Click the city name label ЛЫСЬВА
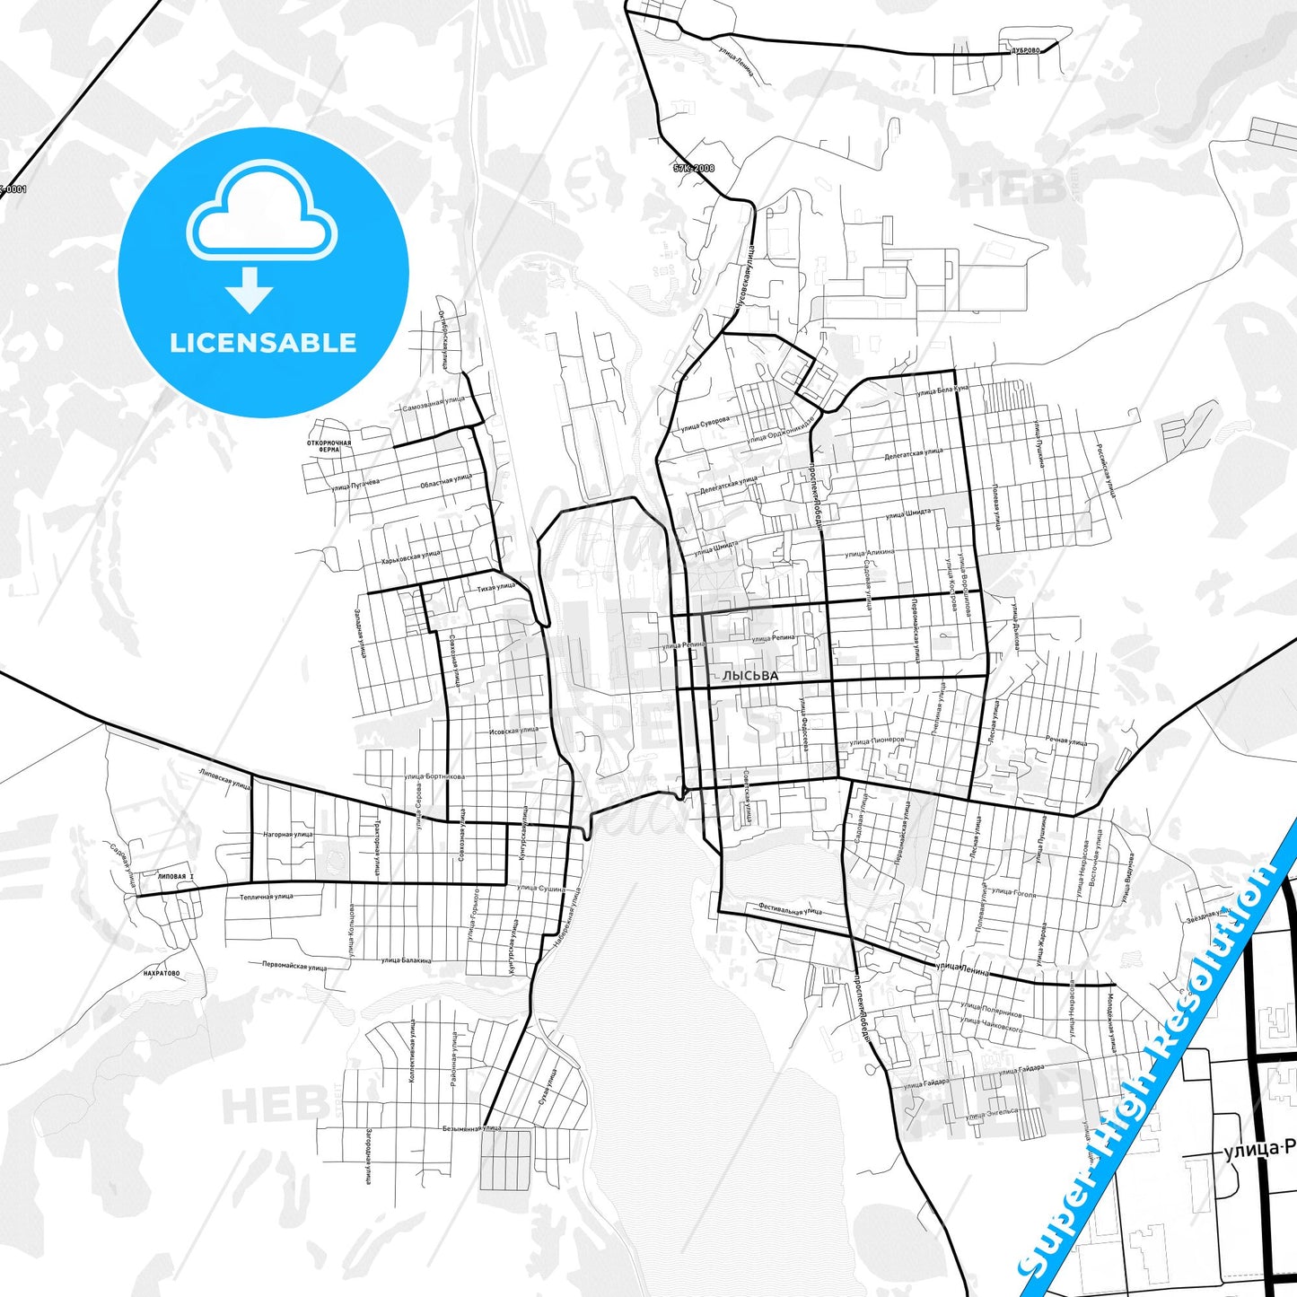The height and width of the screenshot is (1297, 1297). pyautogui.click(x=750, y=676)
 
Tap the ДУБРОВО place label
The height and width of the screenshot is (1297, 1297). pyautogui.click(x=1024, y=50)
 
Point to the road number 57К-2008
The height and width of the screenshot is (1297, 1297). pyautogui.click(x=694, y=168)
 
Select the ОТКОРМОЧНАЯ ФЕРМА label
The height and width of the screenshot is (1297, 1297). pyautogui.click(x=329, y=445)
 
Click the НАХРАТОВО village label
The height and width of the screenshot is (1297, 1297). pyautogui.click(x=162, y=973)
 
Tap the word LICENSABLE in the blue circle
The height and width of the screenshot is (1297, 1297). pyautogui.click(x=263, y=342)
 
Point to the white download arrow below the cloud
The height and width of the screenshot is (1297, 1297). pyautogui.click(x=250, y=289)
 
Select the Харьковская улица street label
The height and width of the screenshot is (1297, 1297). pyautogui.click(x=410, y=557)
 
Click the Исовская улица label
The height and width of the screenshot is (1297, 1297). pyautogui.click(x=513, y=731)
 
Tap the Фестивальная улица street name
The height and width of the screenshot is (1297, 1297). pyautogui.click(x=789, y=909)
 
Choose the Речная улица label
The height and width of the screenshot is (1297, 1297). pyautogui.click(x=1065, y=741)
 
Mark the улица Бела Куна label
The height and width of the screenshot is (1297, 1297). pyautogui.click(x=942, y=390)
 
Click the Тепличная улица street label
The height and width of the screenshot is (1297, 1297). pyautogui.click(x=266, y=897)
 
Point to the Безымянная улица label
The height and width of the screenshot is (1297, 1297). pyautogui.click(x=471, y=1128)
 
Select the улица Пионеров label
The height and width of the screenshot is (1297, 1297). pyautogui.click(x=876, y=740)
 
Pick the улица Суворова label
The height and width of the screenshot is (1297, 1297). pyautogui.click(x=705, y=424)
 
